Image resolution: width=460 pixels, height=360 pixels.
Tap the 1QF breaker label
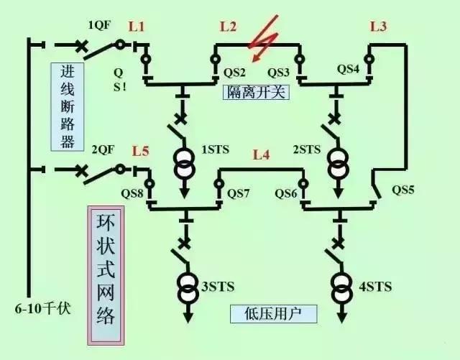tap(101, 25)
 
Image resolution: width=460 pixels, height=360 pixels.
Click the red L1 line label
tap(137, 27)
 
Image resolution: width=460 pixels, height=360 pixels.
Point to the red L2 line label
tap(228, 27)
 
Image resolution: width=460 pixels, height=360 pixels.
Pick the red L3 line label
tap(378, 27)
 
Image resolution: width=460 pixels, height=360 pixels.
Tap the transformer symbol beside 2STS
tap(335, 163)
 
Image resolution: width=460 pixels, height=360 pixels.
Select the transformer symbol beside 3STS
tap(186, 287)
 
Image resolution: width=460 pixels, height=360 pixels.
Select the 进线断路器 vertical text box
tap(67, 106)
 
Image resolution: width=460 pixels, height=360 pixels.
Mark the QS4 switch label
tap(349, 69)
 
